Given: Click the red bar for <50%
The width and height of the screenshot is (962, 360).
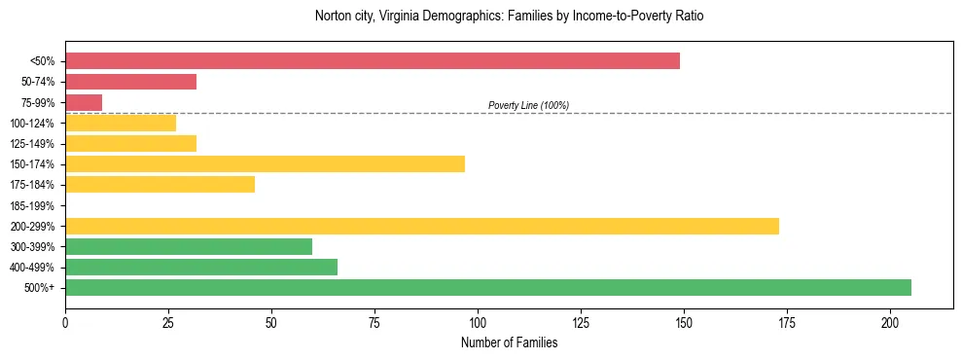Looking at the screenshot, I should pos(373,61).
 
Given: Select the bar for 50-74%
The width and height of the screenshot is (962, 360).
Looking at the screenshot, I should pos(130,82).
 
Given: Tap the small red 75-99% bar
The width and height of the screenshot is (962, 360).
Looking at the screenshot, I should pos(84,102).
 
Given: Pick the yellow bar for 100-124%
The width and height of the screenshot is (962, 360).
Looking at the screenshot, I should pos(121,123).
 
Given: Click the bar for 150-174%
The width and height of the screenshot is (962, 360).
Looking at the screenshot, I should pos(265,163).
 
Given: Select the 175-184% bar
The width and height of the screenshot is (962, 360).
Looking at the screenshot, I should pos(160,184).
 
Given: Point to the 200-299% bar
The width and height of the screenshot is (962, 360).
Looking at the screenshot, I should pos(422,226).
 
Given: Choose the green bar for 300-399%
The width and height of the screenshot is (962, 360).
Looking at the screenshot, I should pos(189,246).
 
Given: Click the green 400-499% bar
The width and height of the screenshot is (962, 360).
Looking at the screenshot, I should pos(201,267).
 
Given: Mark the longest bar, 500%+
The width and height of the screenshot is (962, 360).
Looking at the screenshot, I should pos(488,287).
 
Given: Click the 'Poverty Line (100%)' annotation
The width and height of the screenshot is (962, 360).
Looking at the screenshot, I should pos(528,105).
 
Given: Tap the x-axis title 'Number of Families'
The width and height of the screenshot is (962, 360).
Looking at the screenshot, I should pos(509,342).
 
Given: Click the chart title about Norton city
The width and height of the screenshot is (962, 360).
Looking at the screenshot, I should pos(509,17).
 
